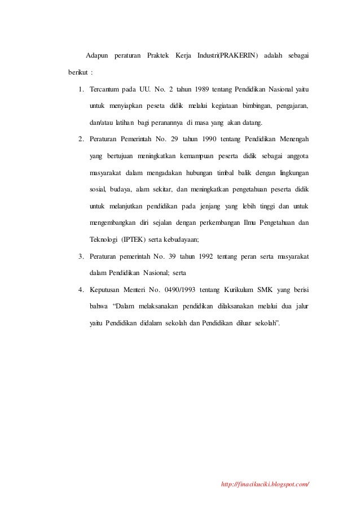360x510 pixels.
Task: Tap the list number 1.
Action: coord(81,89)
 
